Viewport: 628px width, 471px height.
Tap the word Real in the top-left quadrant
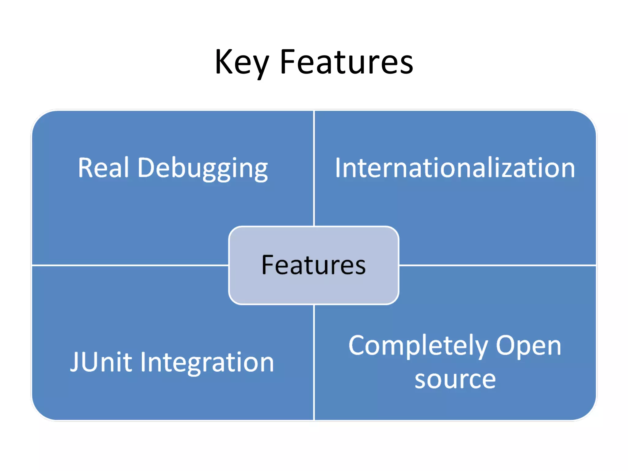(103, 168)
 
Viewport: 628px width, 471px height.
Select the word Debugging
(203, 168)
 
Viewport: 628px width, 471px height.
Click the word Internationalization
(455, 168)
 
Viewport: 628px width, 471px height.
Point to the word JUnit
(101, 362)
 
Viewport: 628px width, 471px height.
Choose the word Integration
(207, 363)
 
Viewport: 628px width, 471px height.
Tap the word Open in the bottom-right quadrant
(528, 346)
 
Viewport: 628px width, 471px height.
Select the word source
(455, 380)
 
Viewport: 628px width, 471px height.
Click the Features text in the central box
(313, 265)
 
